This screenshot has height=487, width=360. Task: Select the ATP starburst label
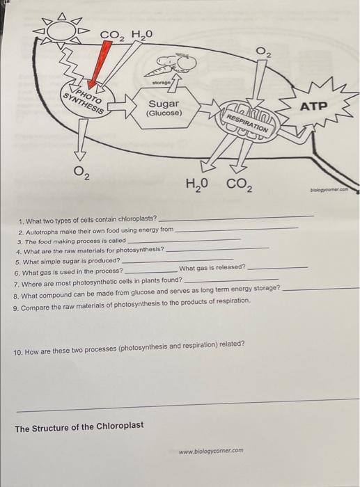[313, 106]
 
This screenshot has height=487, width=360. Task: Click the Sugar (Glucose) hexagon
[164, 108]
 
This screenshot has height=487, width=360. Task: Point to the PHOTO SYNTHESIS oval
[85, 99]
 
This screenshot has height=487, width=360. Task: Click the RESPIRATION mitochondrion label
[248, 122]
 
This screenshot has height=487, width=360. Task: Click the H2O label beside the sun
[142, 34]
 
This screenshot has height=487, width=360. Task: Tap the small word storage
[162, 83]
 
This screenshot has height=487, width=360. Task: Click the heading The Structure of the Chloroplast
[79, 427]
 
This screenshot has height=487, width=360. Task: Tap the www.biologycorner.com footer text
[211, 451]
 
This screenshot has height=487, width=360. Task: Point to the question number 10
[17, 353]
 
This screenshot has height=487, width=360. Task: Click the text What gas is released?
[212, 267]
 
